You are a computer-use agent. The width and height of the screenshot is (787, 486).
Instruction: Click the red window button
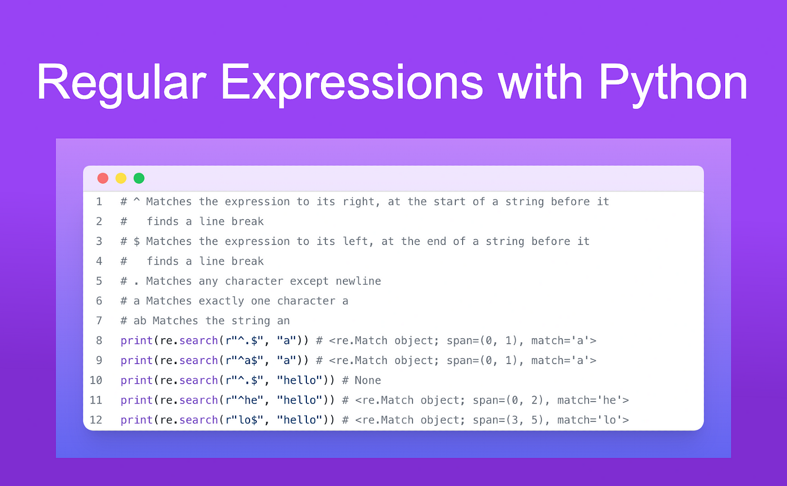coord(102,179)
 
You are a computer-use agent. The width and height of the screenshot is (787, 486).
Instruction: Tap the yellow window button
coord(121,179)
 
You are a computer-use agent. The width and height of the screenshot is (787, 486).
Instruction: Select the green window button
coord(139,179)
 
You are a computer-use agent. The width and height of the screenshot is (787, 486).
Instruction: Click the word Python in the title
coord(672,84)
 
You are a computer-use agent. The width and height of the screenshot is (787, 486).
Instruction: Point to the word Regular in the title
coord(121,84)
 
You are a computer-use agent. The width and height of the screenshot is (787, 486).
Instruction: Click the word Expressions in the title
coord(352,84)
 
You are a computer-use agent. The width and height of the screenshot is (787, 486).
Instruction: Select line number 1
coord(99,202)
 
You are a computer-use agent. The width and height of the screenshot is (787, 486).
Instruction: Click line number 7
coord(99,321)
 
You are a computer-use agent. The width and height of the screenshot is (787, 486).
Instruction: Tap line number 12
coord(96,420)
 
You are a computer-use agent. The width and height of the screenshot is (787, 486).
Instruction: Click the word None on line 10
coord(368,380)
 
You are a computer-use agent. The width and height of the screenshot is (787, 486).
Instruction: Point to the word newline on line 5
coord(358,281)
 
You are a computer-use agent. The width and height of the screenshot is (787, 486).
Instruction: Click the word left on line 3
coord(355,242)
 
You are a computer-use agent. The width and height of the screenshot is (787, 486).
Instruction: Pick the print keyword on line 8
coord(137,341)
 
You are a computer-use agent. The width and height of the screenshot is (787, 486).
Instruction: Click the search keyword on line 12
coord(198,420)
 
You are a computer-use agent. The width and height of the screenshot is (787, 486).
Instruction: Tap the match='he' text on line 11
coord(593,400)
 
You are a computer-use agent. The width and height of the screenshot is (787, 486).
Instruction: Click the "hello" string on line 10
coord(300,380)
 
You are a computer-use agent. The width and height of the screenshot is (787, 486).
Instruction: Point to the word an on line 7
coord(283,321)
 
